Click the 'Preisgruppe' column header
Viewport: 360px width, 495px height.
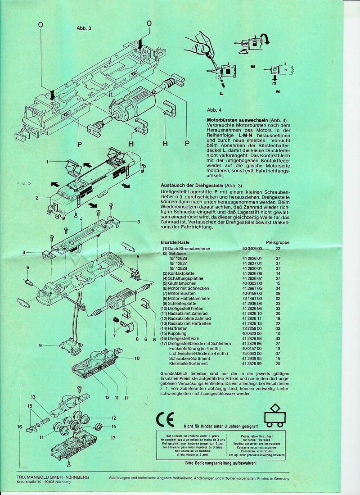pyautogui.click(x=278, y=242)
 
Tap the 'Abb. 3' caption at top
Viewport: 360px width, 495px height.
pyautogui.click(x=84, y=27)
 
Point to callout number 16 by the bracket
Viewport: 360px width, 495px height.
pyautogui.click(x=19, y=426)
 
